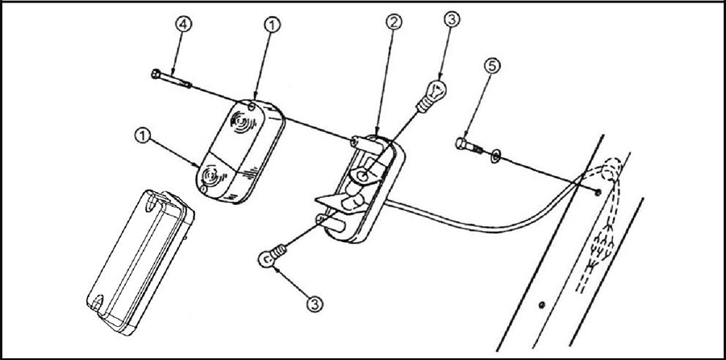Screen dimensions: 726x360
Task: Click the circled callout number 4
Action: coord(183,24)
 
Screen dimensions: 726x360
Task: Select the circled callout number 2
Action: coord(394,23)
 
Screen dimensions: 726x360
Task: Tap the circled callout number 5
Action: coord(491,66)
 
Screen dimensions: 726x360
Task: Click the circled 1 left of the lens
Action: coord(143,136)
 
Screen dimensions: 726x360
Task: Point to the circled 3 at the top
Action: coord(453,19)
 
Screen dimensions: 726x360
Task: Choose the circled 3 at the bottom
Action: coord(315,304)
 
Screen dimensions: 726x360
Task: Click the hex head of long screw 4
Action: coord(156,73)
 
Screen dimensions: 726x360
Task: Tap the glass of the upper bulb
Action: coord(436,88)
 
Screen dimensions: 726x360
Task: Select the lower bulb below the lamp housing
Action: coord(273,256)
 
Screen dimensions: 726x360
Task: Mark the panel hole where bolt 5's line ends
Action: coord(597,192)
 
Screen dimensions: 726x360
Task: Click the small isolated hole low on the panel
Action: coord(542,305)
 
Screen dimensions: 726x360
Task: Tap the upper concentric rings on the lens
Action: coord(242,121)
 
